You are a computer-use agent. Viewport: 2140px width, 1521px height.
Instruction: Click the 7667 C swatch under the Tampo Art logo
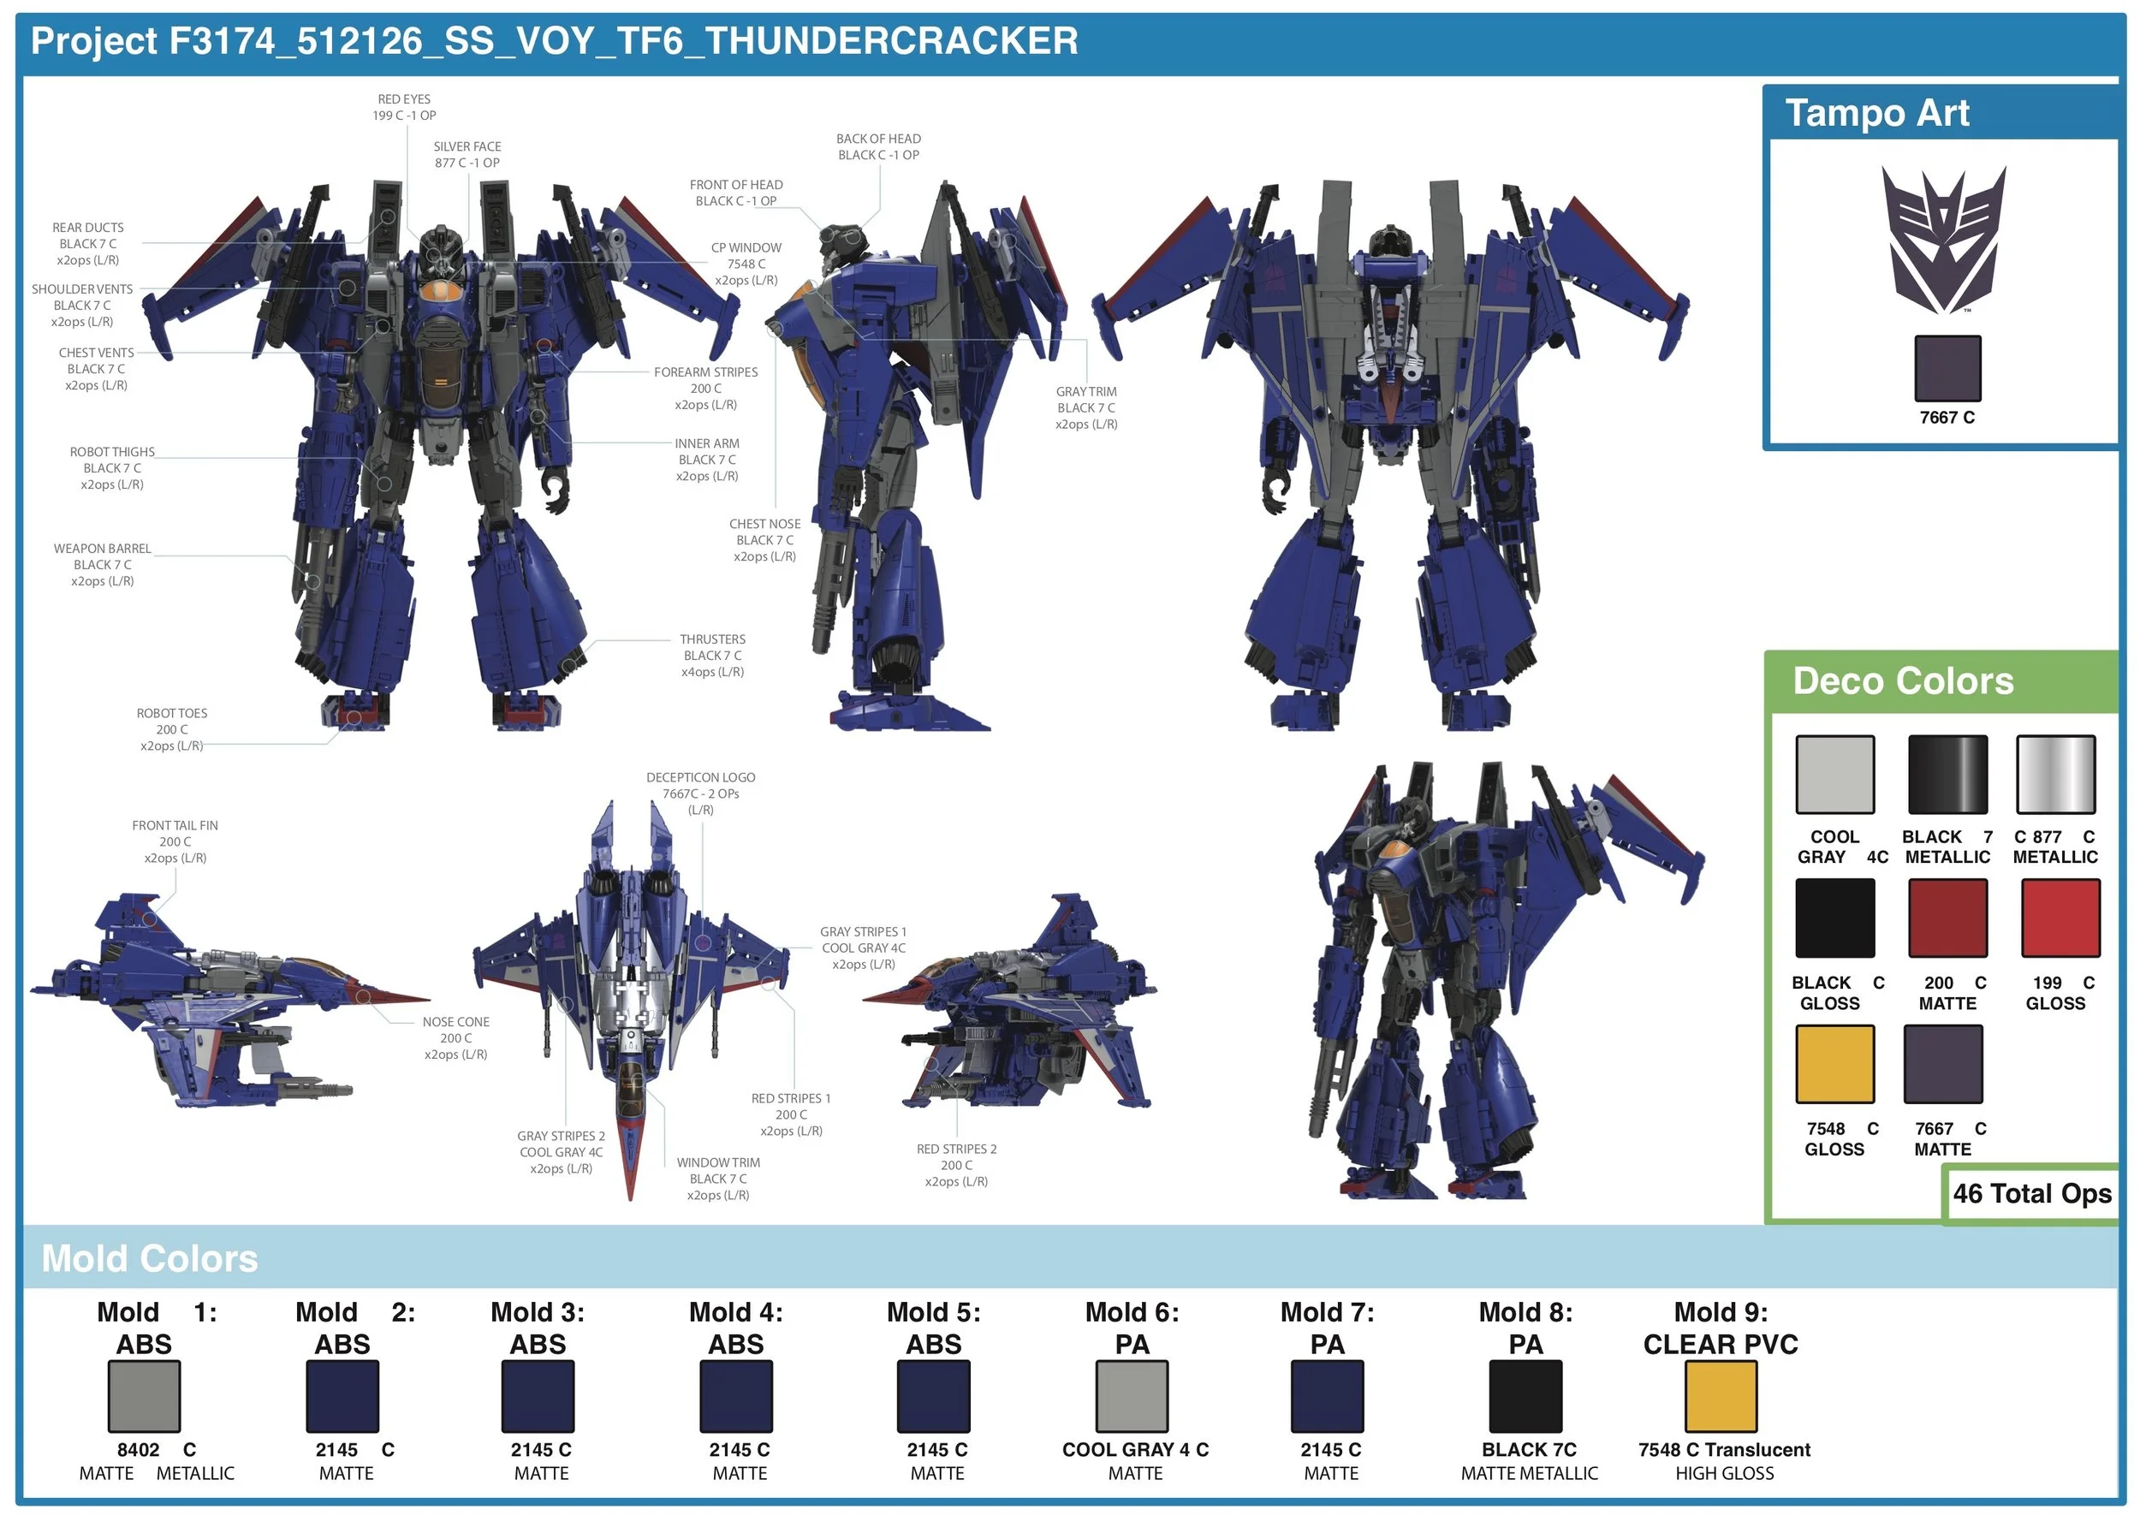1947,368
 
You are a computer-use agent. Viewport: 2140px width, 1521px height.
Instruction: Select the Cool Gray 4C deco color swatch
1834,774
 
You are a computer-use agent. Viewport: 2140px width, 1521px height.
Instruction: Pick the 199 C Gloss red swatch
2060,917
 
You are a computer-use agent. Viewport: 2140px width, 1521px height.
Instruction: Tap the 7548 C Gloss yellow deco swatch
1834,1063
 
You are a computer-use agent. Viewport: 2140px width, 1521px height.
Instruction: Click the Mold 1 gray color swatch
143,1395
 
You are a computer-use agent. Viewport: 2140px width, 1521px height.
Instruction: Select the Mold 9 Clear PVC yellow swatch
1721,1395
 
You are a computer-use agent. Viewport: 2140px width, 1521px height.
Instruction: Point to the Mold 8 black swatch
1525,1395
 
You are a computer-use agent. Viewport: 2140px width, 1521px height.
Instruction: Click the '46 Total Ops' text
2031,1193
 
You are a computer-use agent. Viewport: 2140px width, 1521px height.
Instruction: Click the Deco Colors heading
1902,680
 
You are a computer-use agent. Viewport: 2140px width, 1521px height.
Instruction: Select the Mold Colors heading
150,1259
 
